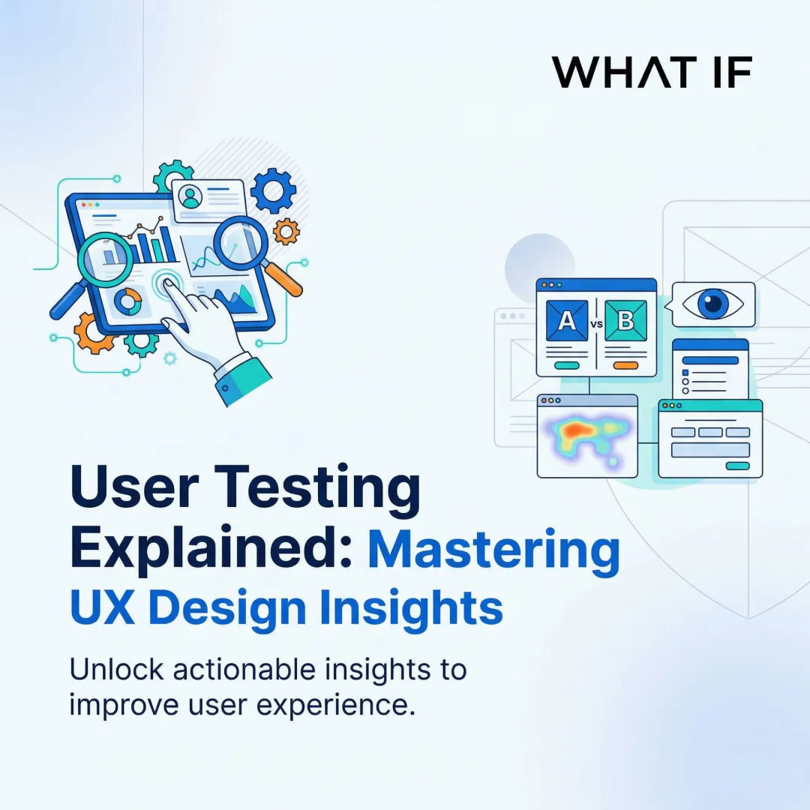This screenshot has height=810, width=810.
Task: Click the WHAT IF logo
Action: pos(652,72)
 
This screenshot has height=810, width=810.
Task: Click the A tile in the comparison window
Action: pos(568,320)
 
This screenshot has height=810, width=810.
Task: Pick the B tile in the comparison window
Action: pos(625,320)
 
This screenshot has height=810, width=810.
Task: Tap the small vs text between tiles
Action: pos(596,324)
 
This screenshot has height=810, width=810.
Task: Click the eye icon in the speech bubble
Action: pos(709,304)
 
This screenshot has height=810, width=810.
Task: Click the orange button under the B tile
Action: pos(625,365)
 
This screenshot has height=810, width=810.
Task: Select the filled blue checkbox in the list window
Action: pos(685,373)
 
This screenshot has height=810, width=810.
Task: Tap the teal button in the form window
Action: pos(737,466)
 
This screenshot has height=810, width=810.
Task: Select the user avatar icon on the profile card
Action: pos(192,197)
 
